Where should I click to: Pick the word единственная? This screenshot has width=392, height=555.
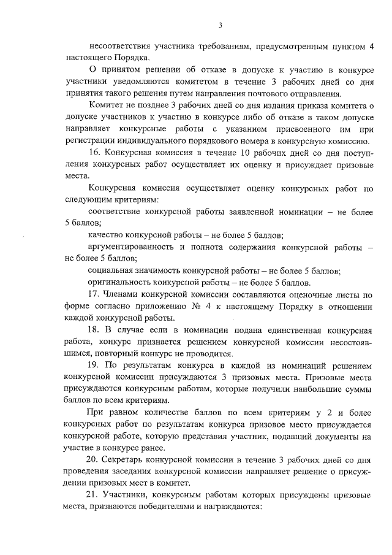(287, 329)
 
